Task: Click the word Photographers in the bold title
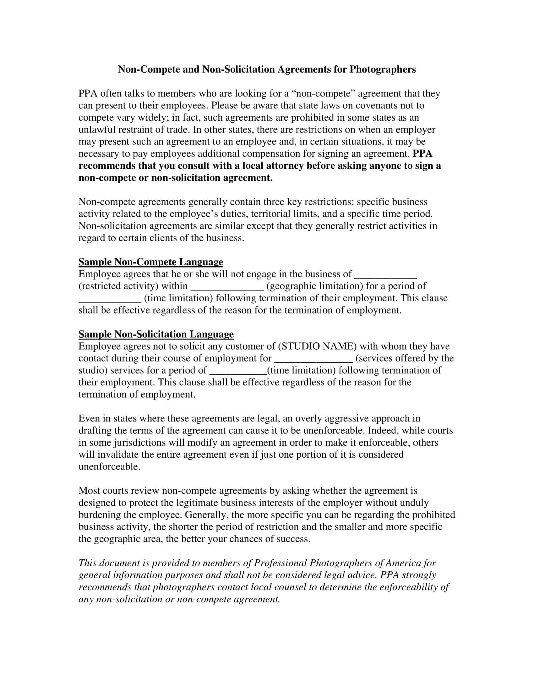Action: (383, 69)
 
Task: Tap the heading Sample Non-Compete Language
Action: (150, 262)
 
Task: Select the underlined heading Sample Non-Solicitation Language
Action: (156, 334)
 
